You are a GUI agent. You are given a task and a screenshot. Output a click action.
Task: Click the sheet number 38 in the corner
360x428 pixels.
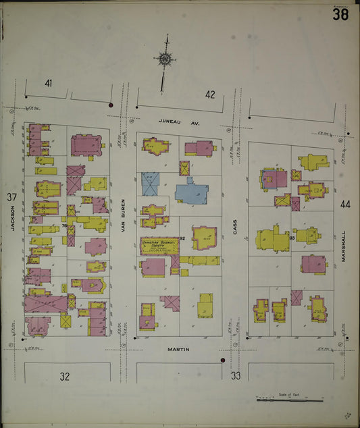(x=340, y=15)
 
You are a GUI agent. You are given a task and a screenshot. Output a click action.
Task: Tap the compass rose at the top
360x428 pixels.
(x=163, y=59)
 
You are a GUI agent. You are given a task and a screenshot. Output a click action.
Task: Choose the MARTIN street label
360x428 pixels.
(x=179, y=349)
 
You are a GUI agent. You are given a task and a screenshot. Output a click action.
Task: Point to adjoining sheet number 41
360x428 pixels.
(x=49, y=84)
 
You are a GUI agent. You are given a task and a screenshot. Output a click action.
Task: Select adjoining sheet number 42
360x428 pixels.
(x=210, y=95)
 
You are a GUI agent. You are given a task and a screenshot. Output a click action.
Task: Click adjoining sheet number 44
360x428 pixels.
(x=346, y=204)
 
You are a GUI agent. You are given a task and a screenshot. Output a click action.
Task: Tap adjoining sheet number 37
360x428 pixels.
(x=11, y=197)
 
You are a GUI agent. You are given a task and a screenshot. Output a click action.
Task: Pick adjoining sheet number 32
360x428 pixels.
(x=64, y=376)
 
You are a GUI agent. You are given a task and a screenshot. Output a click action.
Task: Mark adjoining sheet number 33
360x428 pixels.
(x=236, y=375)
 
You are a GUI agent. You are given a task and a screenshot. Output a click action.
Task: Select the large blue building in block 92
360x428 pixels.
(x=192, y=190)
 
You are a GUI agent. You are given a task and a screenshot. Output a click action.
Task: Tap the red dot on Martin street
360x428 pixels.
(x=222, y=360)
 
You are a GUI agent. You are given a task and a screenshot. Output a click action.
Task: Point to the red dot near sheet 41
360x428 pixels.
(x=110, y=105)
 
